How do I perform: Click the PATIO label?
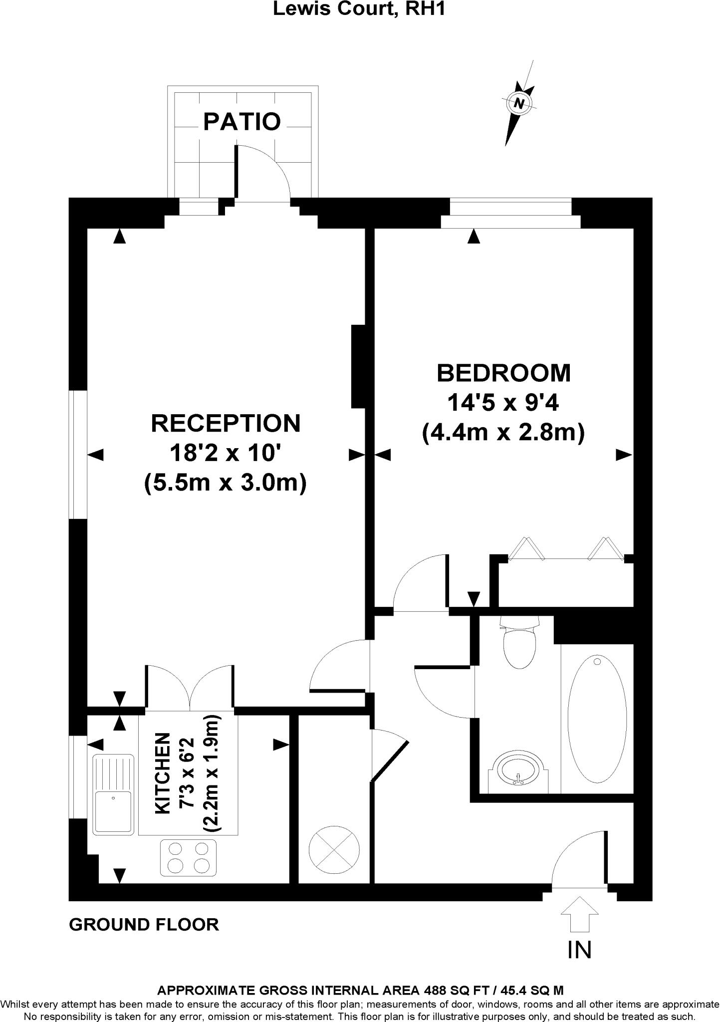pyautogui.click(x=242, y=121)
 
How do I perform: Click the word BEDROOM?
pyautogui.click(x=503, y=373)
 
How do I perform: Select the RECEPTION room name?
pyautogui.click(x=226, y=423)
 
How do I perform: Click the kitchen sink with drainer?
pyautogui.click(x=114, y=794)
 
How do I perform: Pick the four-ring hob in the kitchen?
pyautogui.click(x=189, y=857)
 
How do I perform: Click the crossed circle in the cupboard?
pyautogui.click(x=334, y=850)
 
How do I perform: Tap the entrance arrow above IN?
pyautogui.click(x=579, y=914)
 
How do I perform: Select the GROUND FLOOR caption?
pyautogui.click(x=144, y=925)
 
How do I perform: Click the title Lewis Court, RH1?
pyautogui.click(x=358, y=8)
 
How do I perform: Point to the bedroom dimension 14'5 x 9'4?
pyautogui.click(x=502, y=402)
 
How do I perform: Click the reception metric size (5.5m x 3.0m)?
pyautogui.click(x=225, y=483)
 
